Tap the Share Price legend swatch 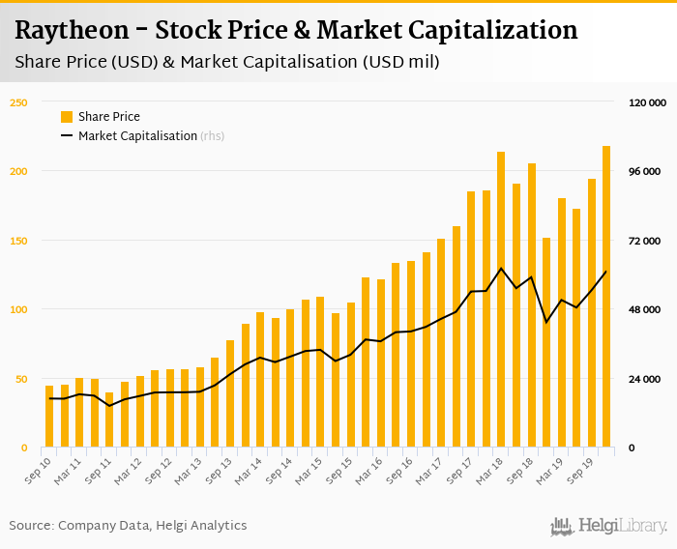tap(67, 117)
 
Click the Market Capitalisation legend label tap(137, 136)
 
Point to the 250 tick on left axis tap(18, 102)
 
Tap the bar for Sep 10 tap(49, 417)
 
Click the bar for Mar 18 tap(501, 300)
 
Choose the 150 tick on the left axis tap(18, 241)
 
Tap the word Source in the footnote tap(31, 526)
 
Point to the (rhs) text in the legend tap(213, 136)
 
